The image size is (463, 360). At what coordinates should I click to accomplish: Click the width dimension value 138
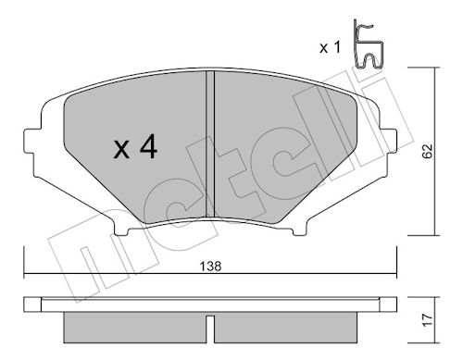(x=211, y=266)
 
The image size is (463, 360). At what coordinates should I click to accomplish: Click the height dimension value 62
(x=428, y=151)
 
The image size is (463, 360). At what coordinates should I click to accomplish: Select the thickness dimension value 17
(x=428, y=320)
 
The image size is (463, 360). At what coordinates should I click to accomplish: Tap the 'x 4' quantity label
(x=135, y=148)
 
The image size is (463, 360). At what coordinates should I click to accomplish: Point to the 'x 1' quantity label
(x=330, y=47)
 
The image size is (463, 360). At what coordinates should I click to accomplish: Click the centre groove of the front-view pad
(x=210, y=143)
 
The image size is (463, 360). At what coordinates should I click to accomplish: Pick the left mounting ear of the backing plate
(x=32, y=141)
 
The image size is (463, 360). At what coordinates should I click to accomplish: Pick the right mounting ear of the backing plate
(x=388, y=141)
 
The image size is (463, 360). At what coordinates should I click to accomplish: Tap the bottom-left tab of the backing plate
(x=121, y=230)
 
